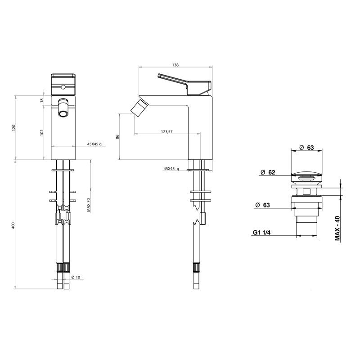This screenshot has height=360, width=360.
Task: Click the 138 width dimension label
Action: (x=175, y=65)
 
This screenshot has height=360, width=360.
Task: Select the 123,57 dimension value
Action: (x=166, y=131)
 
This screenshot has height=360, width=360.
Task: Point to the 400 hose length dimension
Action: (x=13, y=225)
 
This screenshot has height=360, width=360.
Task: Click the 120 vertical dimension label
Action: (x=13, y=127)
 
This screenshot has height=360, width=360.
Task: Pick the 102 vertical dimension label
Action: (x=41, y=132)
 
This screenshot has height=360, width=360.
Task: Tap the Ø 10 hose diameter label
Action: (x=75, y=277)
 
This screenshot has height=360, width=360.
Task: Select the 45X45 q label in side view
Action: (x=171, y=168)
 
